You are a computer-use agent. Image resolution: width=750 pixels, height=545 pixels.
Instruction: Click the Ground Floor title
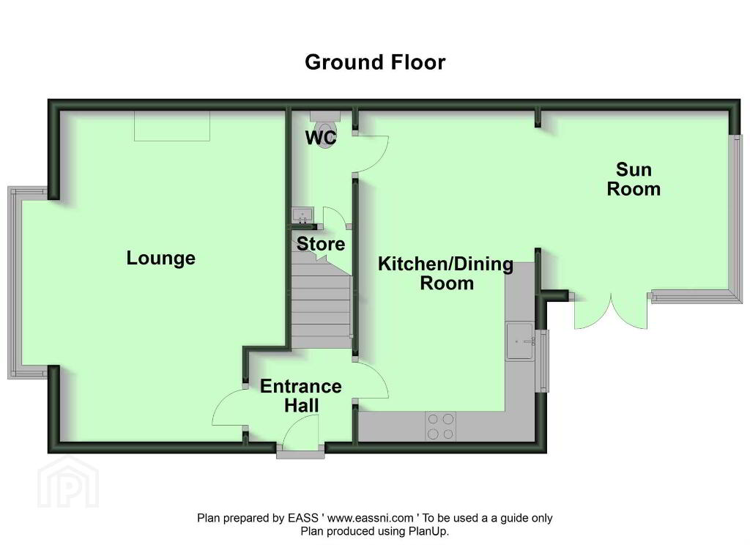click(375, 62)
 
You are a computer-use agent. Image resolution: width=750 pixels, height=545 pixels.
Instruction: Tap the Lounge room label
click(160, 259)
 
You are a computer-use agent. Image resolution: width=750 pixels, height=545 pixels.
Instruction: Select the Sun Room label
click(634, 179)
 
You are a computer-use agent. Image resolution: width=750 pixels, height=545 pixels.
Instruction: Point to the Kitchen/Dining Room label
click(446, 273)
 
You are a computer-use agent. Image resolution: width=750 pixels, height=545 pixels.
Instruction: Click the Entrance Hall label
click(301, 396)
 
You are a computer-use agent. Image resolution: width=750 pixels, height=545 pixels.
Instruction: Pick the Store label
click(321, 243)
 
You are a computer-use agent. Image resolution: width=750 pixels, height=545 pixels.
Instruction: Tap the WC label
click(321, 137)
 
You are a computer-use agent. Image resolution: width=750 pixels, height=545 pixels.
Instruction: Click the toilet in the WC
click(325, 129)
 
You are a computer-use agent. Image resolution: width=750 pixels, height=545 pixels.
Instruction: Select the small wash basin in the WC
click(302, 215)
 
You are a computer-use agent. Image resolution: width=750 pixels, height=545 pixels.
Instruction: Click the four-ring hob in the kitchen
click(440, 426)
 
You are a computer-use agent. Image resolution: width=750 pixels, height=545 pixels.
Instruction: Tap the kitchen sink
click(521, 341)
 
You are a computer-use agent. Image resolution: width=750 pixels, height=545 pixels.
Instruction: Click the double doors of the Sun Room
click(611, 311)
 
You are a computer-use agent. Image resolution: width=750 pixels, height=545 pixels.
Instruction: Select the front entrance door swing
click(301, 431)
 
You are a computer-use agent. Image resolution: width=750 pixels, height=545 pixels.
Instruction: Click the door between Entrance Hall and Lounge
click(229, 407)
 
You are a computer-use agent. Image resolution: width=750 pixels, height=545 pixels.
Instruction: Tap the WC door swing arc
click(372, 154)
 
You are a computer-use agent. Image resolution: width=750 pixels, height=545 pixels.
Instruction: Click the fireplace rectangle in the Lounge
click(172, 126)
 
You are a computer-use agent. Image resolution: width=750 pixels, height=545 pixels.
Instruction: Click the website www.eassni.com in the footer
click(370, 518)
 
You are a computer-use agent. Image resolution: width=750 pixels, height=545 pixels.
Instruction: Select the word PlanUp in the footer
click(428, 531)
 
